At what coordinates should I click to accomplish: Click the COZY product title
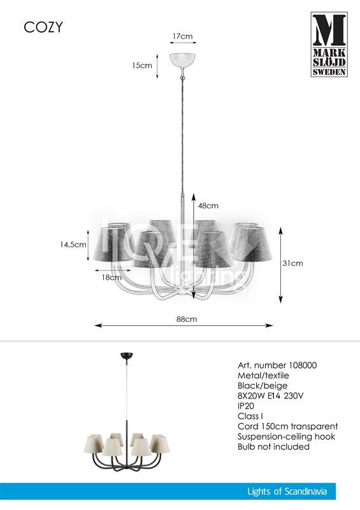pyautogui.click(x=43, y=27)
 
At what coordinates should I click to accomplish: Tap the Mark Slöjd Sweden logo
pyautogui.click(x=329, y=45)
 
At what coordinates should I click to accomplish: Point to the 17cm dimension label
pyautogui.click(x=182, y=36)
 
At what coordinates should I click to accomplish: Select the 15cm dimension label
pyautogui.click(x=142, y=66)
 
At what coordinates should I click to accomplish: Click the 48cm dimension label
pyautogui.click(x=208, y=205)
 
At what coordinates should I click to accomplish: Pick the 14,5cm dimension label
pyautogui.click(x=73, y=245)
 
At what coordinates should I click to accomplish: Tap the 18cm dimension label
pyautogui.click(x=112, y=277)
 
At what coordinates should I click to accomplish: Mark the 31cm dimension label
pyautogui.click(x=292, y=263)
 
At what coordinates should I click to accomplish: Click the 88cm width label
pyautogui.click(x=187, y=319)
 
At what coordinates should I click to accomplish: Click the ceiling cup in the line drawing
pyautogui.click(x=182, y=60)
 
